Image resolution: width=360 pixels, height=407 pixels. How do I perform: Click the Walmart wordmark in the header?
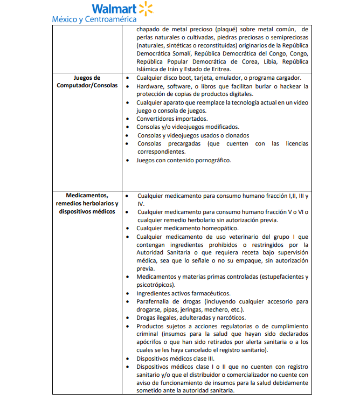pyautogui.click(x=114, y=9)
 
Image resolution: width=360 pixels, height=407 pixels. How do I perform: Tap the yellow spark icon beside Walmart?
pyautogui.click(x=146, y=9)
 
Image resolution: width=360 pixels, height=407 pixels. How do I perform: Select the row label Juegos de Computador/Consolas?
pyautogui.click(x=87, y=82)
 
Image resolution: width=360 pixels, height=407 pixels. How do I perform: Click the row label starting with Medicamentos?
pyautogui.click(x=87, y=203)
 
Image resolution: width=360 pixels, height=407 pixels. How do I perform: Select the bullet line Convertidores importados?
pyautogui.click(x=172, y=119)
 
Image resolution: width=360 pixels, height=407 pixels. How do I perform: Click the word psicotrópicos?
pyautogui.click(x=154, y=285)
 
